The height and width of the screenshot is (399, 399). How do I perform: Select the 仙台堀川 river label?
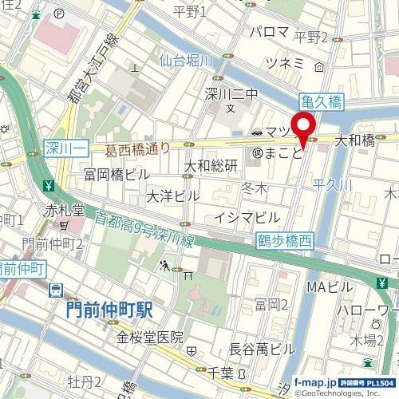point(184,61)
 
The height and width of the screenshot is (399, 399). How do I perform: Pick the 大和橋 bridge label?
point(354,140)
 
